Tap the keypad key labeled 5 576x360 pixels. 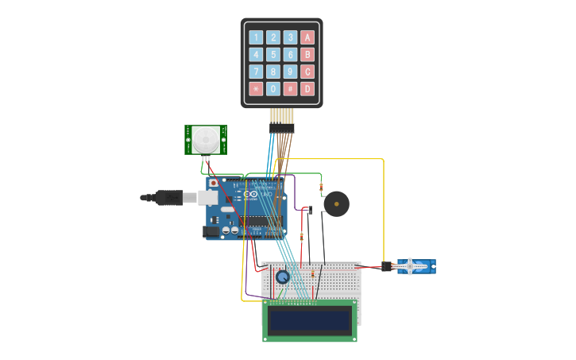point(273,55)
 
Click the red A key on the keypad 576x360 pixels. point(307,37)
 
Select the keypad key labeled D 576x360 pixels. point(307,89)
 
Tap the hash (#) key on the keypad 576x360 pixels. point(290,89)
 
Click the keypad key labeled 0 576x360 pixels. point(273,89)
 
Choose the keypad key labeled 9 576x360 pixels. point(290,72)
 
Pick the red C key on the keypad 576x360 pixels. point(307,72)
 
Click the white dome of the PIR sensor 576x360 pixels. point(206,140)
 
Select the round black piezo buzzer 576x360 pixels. point(337,204)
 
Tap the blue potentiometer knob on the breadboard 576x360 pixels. point(282,277)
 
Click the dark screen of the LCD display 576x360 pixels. point(310,321)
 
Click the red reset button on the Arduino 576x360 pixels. point(214,183)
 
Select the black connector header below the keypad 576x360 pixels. point(281,127)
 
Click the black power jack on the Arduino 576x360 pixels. point(211,231)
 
